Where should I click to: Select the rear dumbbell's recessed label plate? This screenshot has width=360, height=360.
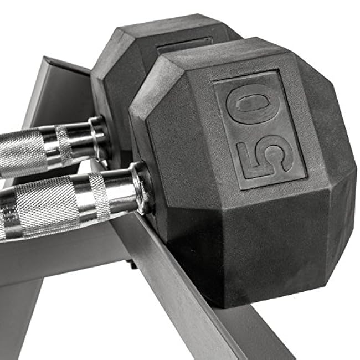pos(183,45)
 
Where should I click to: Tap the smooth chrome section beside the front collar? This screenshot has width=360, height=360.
pos(119,191)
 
